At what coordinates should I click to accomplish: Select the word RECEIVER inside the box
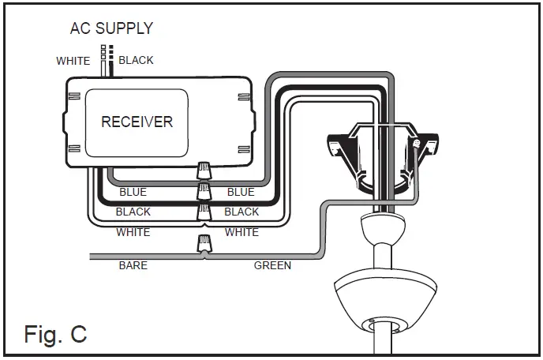tap(137, 122)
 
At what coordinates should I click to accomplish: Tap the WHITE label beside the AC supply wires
tap(73, 61)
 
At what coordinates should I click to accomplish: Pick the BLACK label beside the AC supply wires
tap(136, 61)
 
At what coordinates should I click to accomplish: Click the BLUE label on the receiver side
tap(133, 192)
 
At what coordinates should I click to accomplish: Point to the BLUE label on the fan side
tap(241, 192)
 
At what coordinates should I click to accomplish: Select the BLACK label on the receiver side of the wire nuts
tap(133, 212)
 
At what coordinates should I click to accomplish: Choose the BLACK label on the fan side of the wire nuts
tap(242, 212)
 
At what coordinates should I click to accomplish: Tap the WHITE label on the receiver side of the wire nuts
tap(133, 232)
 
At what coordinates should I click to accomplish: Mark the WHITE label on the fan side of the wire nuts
tap(242, 232)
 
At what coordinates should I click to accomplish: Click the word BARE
tap(133, 266)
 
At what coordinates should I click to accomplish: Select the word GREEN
tap(272, 266)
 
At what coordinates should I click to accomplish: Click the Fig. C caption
tap(55, 334)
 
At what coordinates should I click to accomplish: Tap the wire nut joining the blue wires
tap(204, 171)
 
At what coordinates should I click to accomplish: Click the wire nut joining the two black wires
tap(204, 190)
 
